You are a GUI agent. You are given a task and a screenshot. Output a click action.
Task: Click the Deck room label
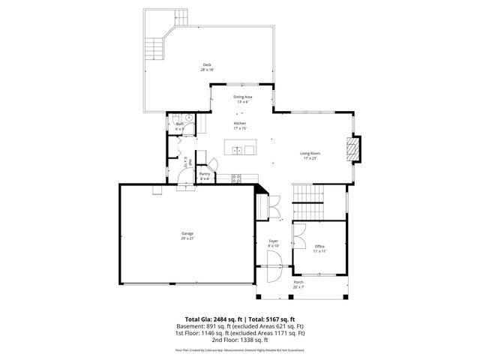206,65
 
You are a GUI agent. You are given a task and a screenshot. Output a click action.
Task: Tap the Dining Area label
242,97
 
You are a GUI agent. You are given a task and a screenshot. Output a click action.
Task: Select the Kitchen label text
240,123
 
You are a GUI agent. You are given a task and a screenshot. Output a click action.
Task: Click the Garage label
187,233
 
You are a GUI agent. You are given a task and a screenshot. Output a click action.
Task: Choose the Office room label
319,247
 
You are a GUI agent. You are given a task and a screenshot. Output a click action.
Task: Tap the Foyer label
274,241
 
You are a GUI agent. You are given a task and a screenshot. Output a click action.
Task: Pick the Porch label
298,282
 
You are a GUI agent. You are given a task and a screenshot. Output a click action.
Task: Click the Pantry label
205,173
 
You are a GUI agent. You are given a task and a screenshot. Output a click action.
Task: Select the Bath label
180,124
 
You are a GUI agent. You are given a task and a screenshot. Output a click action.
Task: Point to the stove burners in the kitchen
236,178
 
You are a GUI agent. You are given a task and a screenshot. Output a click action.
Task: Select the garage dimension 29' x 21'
187,238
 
